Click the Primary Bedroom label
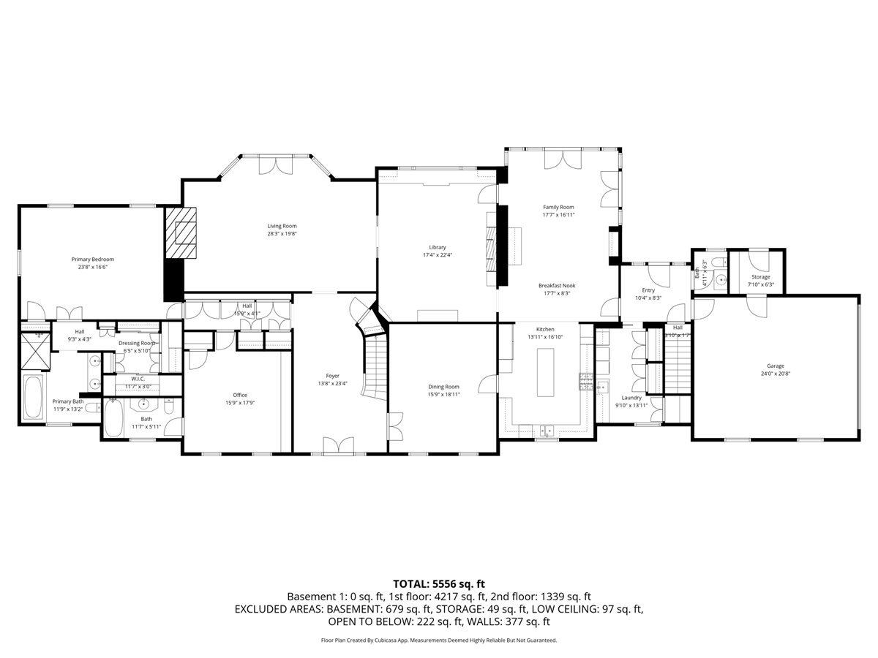92,259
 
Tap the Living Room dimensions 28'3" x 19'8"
282,235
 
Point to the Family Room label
558,207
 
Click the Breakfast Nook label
557,285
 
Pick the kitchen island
547,372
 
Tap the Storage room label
760,277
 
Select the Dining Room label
443,386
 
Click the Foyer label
333,376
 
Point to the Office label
240,395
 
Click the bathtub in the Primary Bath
33,397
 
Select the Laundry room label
628,397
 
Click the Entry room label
648,290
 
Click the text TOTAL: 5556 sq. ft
439,583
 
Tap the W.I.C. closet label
138,379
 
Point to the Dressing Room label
137,343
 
